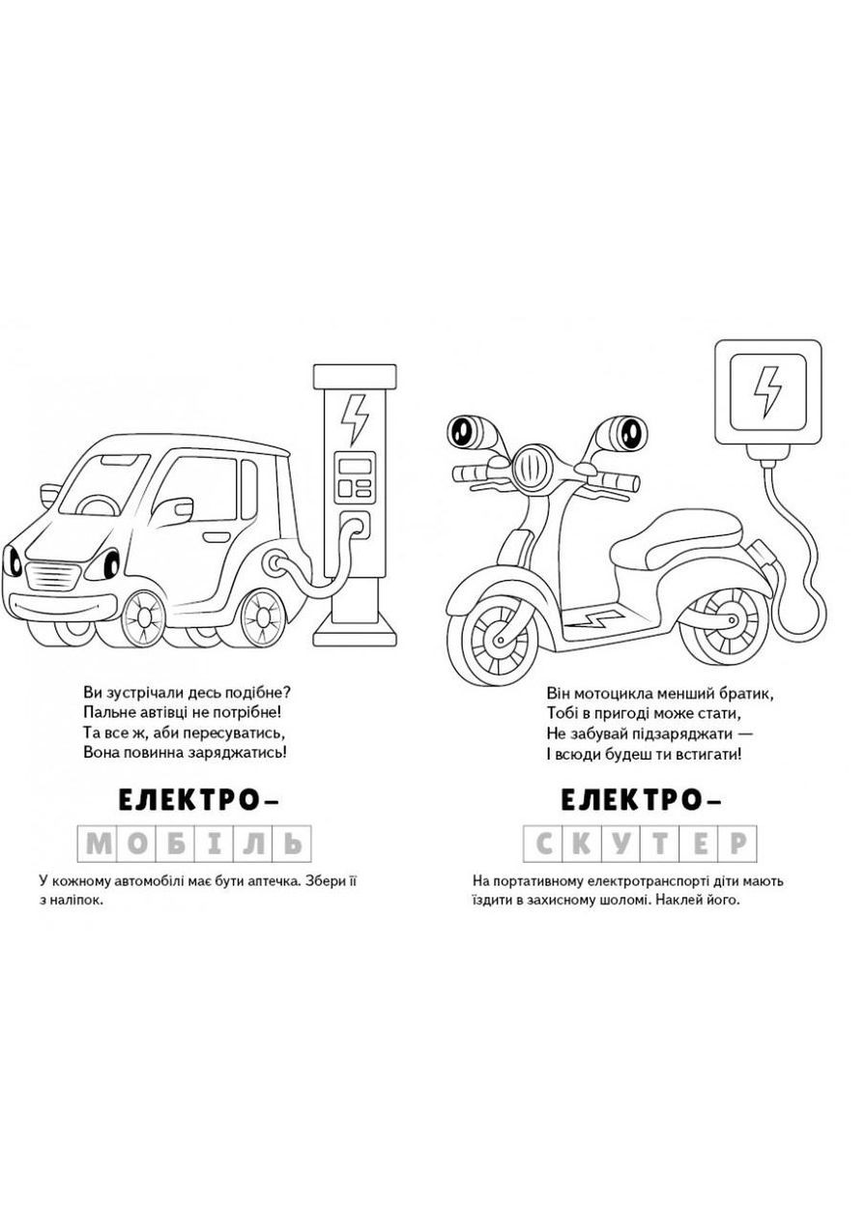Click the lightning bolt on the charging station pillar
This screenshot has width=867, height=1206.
pos(356,420)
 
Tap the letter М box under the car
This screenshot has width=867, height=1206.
pos(100,844)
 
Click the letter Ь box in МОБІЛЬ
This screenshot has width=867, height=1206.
pos(293,844)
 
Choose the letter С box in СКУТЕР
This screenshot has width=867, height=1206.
pos(543,844)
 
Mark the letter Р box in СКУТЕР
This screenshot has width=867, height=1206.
pos(737,844)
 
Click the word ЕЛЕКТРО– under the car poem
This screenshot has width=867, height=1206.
pos(197,800)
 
